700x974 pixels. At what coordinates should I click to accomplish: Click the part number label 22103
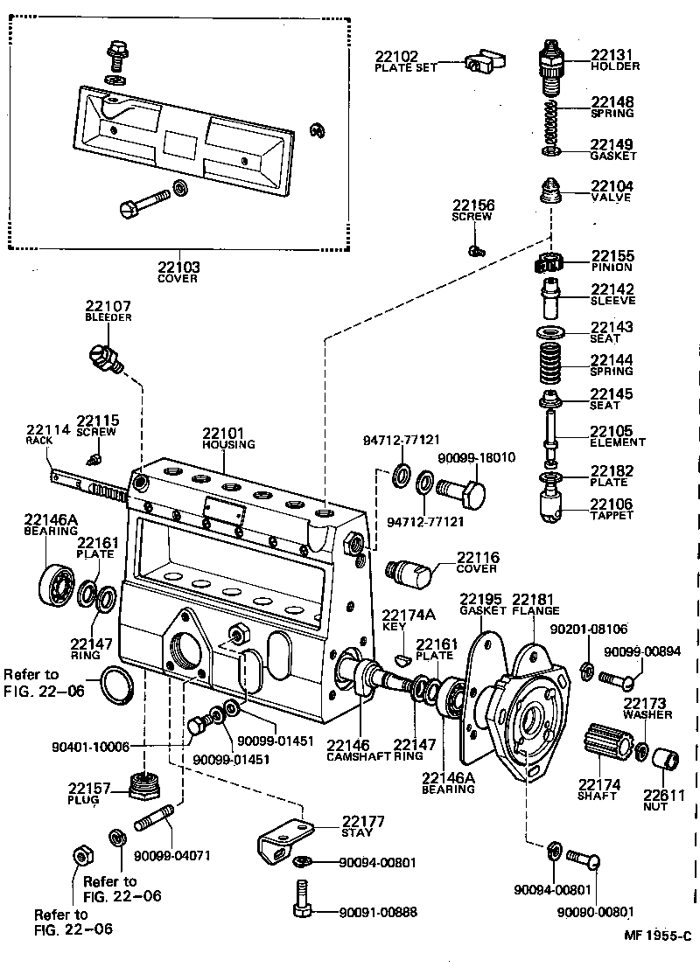(x=178, y=267)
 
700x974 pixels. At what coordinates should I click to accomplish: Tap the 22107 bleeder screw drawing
(x=107, y=357)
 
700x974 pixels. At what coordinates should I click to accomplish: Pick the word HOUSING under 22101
(x=228, y=444)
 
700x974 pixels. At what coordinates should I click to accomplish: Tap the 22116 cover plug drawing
(x=409, y=573)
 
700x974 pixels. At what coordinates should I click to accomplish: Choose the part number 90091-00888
(x=378, y=912)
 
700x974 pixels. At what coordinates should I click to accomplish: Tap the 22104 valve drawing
(x=549, y=191)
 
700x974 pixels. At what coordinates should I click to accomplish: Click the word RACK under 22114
(x=39, y=441)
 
